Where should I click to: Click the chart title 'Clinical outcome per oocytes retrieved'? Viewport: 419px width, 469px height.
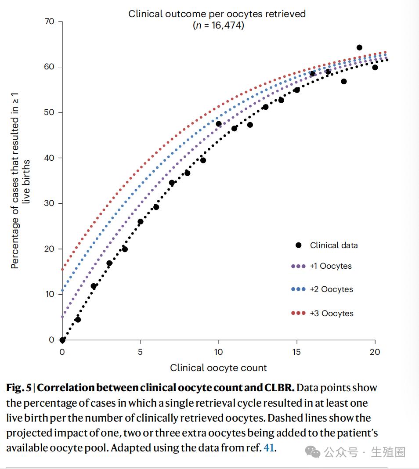point(217,14)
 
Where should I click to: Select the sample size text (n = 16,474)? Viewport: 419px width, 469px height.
point(218,25)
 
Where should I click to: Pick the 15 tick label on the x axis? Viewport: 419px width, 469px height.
point(297,352)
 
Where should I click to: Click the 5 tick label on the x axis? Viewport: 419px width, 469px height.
point(141,352)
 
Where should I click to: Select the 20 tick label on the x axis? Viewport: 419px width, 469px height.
point(375,352)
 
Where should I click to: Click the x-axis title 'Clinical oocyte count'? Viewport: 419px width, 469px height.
point(218,368)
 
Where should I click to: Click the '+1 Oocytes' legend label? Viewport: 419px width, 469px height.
point(330,266)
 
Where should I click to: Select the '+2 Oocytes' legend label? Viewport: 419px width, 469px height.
point(331,289)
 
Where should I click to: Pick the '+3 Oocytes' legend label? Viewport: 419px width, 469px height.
point(331,313)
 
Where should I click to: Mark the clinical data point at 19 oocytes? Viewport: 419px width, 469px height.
point(359,47)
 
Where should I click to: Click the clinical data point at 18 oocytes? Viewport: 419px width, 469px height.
point(343,81)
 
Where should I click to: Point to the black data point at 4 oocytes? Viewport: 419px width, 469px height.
point(125,249)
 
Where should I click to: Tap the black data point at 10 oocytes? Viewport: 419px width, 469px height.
point(219,124)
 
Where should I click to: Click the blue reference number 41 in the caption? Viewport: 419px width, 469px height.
point(268,448)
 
